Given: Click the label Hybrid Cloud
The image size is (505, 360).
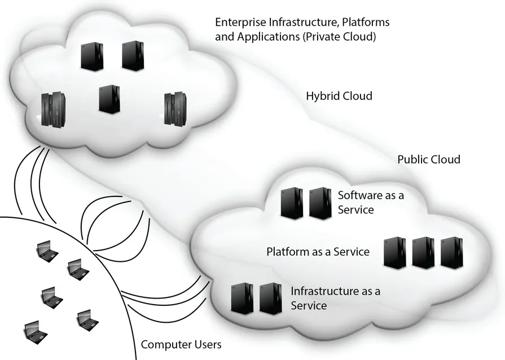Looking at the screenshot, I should point(339,96).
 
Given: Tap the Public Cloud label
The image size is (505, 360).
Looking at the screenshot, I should point(429,160).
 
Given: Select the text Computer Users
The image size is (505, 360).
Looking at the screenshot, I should point(181,344).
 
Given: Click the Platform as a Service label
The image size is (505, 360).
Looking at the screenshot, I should point(318,252).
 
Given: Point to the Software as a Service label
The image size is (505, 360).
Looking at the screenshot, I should point(371,203).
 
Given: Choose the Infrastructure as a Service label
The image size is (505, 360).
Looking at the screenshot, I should point(335,298).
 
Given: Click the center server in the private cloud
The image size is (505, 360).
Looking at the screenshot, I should point(109,99).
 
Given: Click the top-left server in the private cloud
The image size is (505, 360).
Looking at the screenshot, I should point(91,56).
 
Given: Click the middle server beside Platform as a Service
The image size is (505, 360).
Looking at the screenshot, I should point(423,252).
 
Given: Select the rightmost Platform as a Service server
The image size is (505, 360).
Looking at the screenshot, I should point(451,252).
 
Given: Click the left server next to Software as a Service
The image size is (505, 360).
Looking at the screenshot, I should point(292,203).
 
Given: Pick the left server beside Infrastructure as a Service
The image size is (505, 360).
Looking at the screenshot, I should point(242,298).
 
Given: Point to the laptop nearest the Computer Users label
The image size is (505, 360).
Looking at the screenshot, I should point(86,319).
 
